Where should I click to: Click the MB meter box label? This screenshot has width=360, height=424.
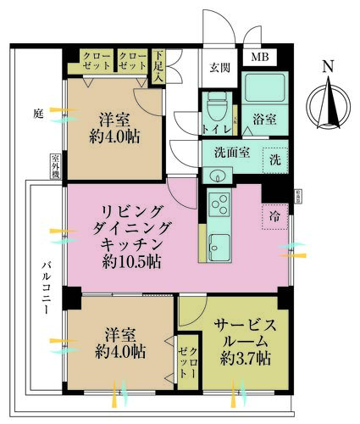tap(255, 58)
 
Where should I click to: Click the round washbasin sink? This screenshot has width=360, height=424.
tap(218, 176)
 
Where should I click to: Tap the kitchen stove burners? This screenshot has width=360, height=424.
tap(219, 205)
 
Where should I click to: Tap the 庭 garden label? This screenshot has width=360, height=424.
tap(38, 112)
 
